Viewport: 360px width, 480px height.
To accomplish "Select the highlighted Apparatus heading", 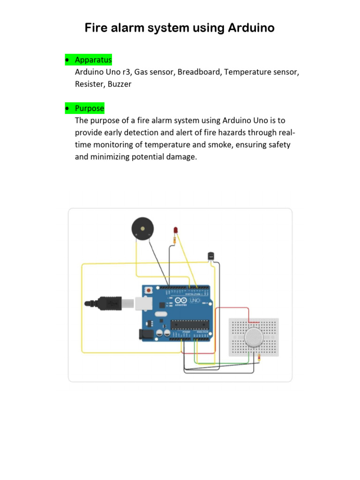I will [x=93, y=60].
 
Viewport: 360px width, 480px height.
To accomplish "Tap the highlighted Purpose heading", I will [x=90, y=108].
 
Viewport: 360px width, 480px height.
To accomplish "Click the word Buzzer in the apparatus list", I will [x=120, y=84].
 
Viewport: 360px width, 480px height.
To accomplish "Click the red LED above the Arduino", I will [x=175, y=230].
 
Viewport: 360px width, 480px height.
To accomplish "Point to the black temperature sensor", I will [x=210, y=256].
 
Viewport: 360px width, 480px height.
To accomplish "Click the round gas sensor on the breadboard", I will [x=253, y=337].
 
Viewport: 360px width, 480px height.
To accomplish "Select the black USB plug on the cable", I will [x=110, y=303].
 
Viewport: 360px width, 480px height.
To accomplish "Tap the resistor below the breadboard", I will [x=259, y=359].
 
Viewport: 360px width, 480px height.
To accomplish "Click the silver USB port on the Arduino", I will [x=142, y=303].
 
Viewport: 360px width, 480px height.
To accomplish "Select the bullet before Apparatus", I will [x=67, y=60].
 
